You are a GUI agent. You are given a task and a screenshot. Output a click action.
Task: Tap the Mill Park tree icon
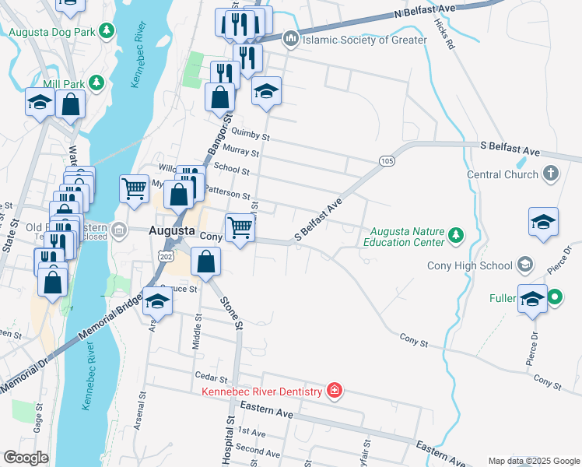[x=96, y=82]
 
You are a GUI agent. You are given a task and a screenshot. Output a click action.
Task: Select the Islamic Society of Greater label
[x=364, y=40]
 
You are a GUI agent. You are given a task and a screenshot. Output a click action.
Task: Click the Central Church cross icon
[x=550, y=174]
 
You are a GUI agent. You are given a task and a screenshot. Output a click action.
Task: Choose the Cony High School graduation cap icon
[x=526, y=265]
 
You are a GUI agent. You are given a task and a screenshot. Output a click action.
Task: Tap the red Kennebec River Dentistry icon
[x=334, y=391]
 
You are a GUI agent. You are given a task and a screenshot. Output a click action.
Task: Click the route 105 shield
[x=387, y=160]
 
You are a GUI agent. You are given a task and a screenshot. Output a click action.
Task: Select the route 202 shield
[x=164, y=255]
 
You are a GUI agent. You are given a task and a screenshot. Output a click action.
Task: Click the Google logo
[x=26, y=458]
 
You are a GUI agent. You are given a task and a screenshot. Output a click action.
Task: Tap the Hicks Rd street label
[x=444, y=36]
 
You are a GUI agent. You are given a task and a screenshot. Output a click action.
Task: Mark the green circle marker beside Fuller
[x=555, y=297]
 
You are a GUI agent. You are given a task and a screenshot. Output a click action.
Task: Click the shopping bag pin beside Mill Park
[x=70, y=104]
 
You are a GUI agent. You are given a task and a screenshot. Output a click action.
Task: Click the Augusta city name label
[x=171, y=231]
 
